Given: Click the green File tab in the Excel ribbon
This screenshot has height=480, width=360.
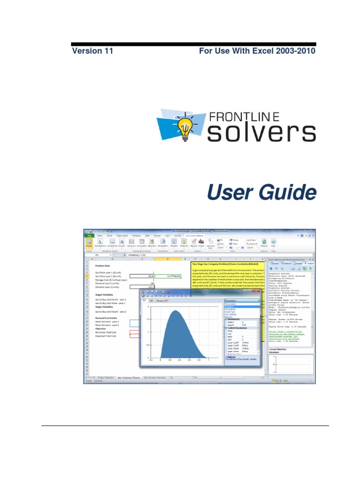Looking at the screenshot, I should pyautogui.click(x=88, y=235).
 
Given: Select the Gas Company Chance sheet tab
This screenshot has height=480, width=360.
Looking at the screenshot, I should pyautogui.click(x=128, y=377).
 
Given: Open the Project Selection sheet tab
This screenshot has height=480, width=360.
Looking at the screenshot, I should pyautogui.click(x=106, y=377).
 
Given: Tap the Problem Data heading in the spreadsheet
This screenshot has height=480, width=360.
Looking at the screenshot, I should pyautogui.click(x=102, y=265).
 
